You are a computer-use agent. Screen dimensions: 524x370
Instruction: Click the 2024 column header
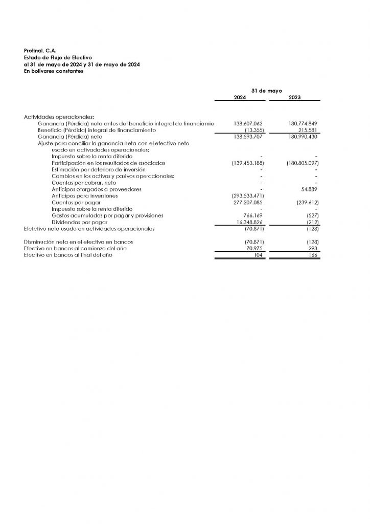pyautogui.click(x=240, y=97)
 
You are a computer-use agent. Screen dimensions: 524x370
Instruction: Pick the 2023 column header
pyautogui.click(x=294, y=97)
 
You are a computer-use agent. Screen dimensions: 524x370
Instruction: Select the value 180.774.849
pyautogui.click(x=303, y=124)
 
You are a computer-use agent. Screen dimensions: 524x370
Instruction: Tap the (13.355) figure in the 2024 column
pyautogui.click(x=254, y=130)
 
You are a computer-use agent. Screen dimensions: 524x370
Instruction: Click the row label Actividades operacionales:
pyautogui.click(x=55, y=117)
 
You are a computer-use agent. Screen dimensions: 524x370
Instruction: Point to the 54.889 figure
pyautogui.click(x=310, y=189)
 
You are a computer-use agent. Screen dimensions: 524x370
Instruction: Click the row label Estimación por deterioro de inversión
pyautogui.click(x=98, y=169)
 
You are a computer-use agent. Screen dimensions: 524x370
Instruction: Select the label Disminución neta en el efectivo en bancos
pyautogui.click(x=82, y=242)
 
